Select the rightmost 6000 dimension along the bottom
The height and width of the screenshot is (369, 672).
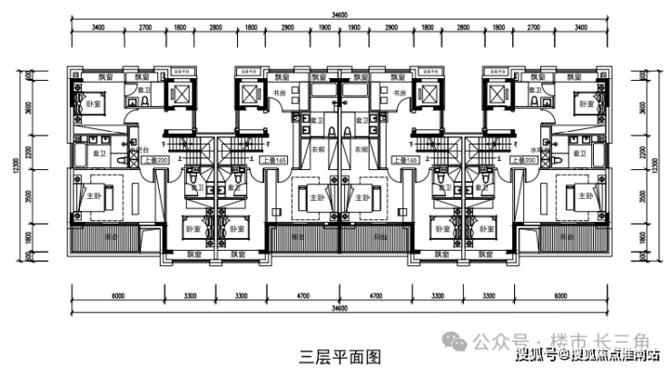[563, 296]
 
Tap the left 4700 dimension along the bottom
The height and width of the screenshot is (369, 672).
[302, 296]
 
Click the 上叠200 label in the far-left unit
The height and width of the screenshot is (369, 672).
[153, 159]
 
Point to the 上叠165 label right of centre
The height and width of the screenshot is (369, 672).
[404, 159]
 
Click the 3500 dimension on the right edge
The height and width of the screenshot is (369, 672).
[643, 196]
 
